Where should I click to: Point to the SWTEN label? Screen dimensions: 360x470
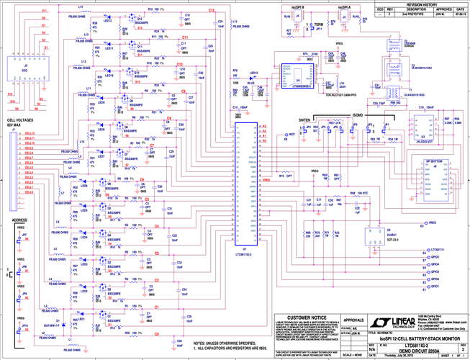pyautogui.click(x=305, y=118)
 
